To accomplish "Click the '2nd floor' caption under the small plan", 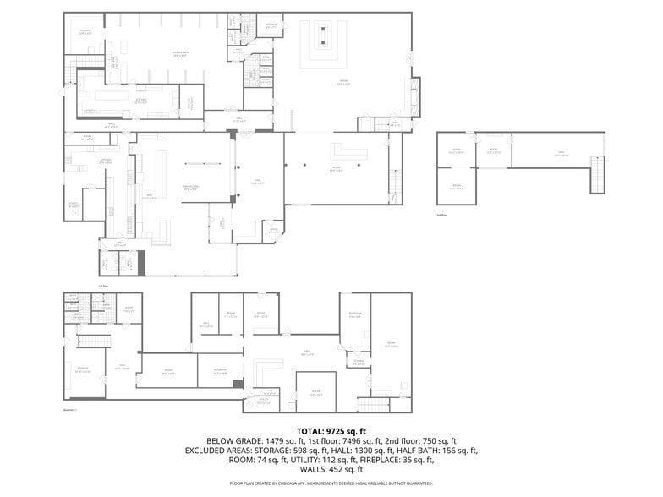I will (x=441, y=216).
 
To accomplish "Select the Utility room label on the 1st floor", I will (x=74, y=205).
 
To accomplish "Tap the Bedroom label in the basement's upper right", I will (x=355, y=314).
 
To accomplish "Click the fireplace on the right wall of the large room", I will (x=414, y=98).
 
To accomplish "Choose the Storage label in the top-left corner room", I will (x=85, y=31).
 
